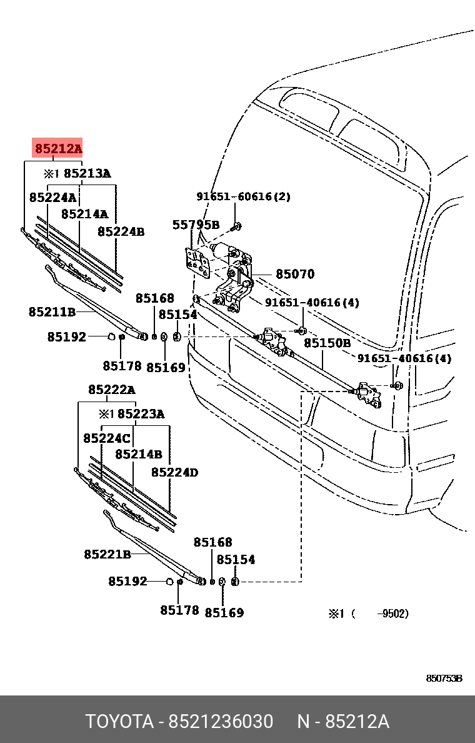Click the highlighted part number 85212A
point(57,149)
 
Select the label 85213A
point(87,174)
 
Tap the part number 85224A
point(52,198)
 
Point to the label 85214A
point(84,214)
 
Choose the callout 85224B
point(121,231)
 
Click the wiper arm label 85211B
point(52,311)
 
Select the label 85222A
point(111,390)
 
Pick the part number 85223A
point(141,413)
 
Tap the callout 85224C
point(106,438)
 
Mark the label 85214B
point(138,455)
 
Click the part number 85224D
point(174,472)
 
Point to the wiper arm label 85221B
point(107,554)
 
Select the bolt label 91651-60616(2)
point(244,196)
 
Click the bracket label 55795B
point(196,225)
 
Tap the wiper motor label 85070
point(295,274)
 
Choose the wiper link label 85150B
point(327,343)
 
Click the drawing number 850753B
point(444,679)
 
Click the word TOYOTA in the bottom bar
point(119,722)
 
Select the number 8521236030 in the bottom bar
point(220,722)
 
